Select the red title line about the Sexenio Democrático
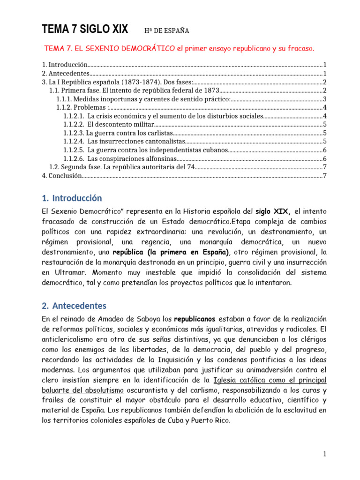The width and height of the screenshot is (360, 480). coord(179,49)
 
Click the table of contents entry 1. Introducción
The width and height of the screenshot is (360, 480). coord(65,65)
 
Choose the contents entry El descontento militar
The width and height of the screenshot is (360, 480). coord(120,124)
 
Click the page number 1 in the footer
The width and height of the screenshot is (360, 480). coord(324,454)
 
